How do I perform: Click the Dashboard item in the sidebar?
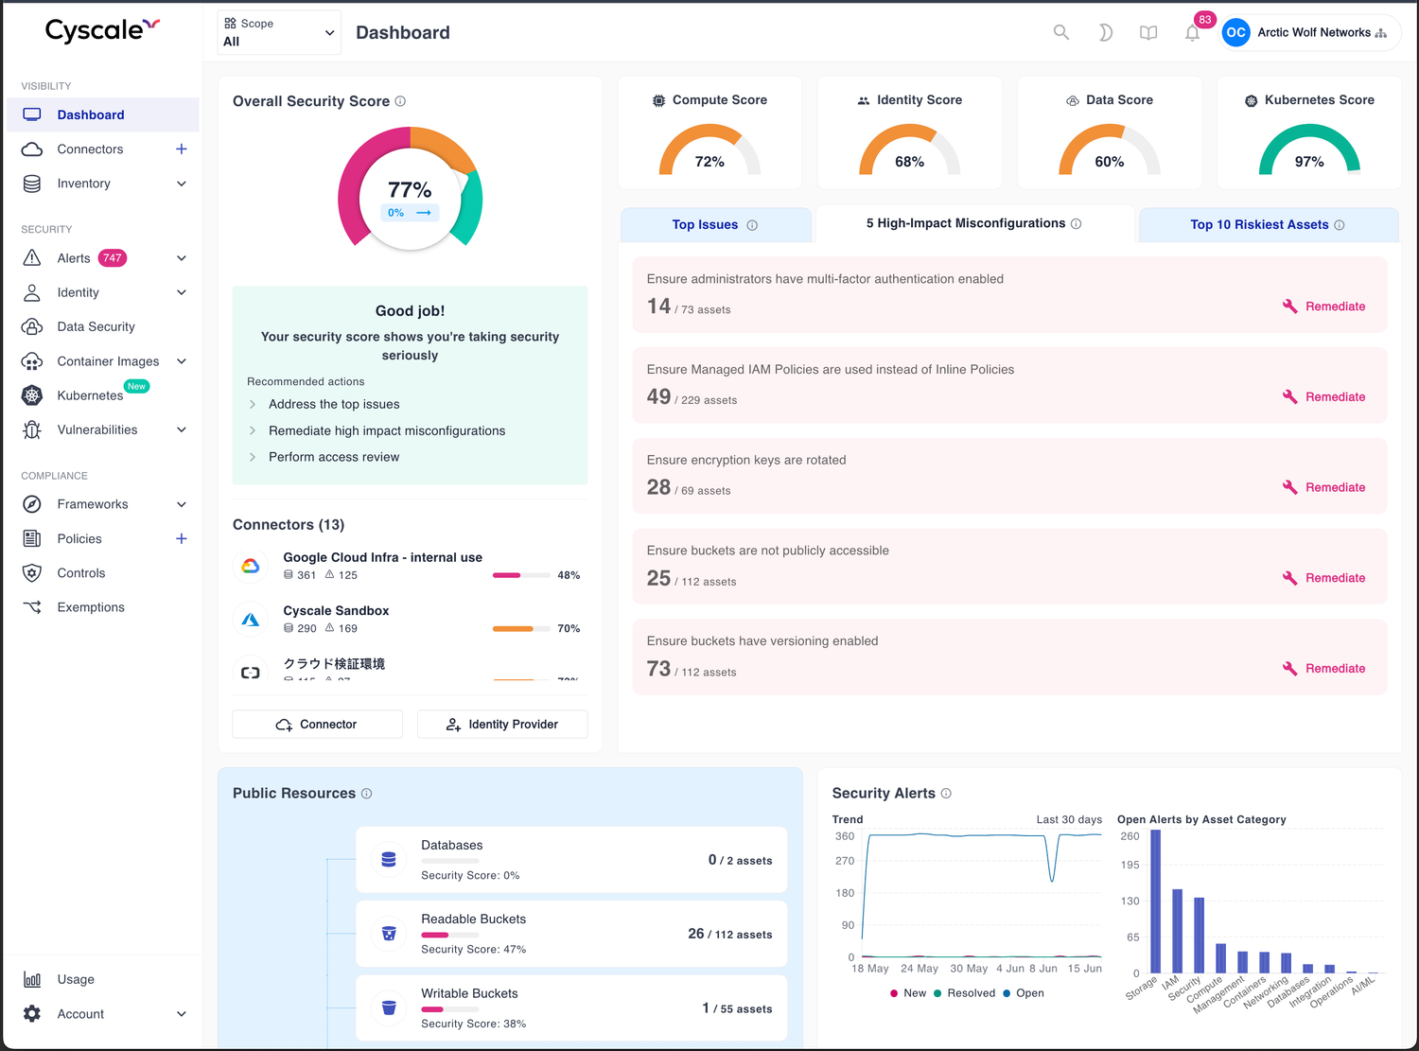click(90, 114)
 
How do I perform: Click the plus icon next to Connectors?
click(182, 149)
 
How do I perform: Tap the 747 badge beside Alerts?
click(113, 258)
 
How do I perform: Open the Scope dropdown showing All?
click(279, 33)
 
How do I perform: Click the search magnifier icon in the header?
click(1061, 32)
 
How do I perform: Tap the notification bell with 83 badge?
click(1192, 33)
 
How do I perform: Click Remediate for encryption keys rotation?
click(1324, 487)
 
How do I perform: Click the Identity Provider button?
click(502, 724)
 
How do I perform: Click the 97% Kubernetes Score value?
click(1309, 162)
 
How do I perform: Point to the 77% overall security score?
click(410, 190)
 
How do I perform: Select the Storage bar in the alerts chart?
click(1155, 901)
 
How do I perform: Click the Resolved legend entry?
click(964, 993)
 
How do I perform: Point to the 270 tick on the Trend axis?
click(845, 861)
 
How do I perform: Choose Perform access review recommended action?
click(333, 457)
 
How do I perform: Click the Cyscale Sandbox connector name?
click(336, 610)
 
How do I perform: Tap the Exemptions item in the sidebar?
click(90, 607)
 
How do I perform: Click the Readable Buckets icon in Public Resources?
click(388, 934)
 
